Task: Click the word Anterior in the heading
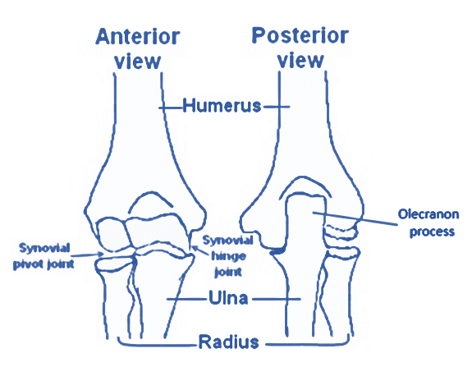[x=138, y=36]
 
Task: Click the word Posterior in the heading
[x=300, y=35]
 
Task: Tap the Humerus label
[x=222, y=106]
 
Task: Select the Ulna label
[x=228, y=297]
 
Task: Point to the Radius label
[x=228, y=342]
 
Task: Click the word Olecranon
[x=428, y=214]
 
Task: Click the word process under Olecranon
[x=432, y=232]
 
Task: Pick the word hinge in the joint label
[x=228, y=256]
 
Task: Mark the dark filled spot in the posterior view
[x=277, y=250]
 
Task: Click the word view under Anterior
[x=138, y=62]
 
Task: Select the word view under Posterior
[x=300, y=61]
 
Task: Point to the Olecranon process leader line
[x=355, y=218]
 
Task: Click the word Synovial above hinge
[x=227, y=241]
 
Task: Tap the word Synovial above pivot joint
[x=44, y=248]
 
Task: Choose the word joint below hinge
[x=228, y=272]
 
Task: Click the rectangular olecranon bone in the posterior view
[x=305, y=222]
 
